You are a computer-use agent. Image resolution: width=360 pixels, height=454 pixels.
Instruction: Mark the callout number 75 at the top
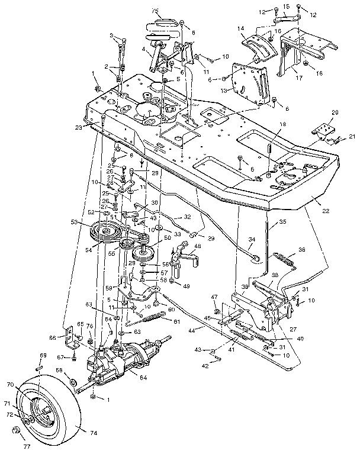pyautogui.click(x=156, y=11)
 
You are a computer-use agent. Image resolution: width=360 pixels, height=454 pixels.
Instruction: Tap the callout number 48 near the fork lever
pyautogui.click(x=197, y=246)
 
